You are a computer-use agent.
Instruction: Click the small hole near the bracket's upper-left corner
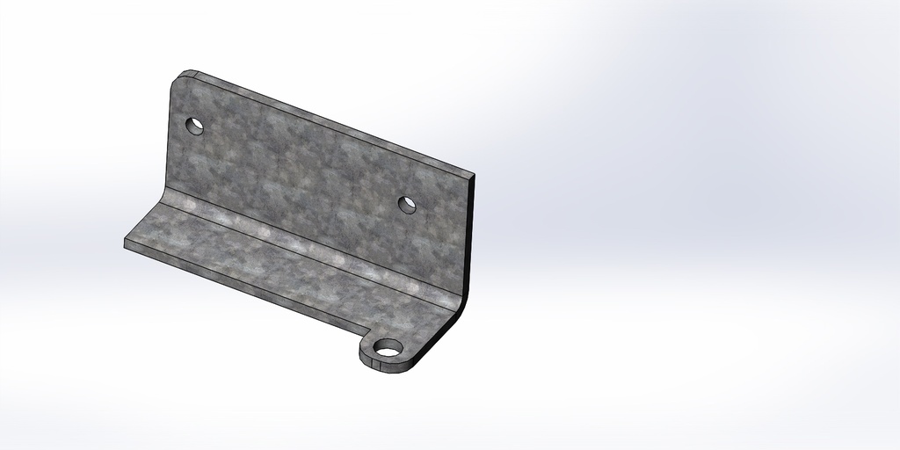[x=195, y=126]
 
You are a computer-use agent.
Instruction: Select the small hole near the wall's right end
[x=407, y=204]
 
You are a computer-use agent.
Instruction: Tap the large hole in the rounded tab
[x=387, y=352]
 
